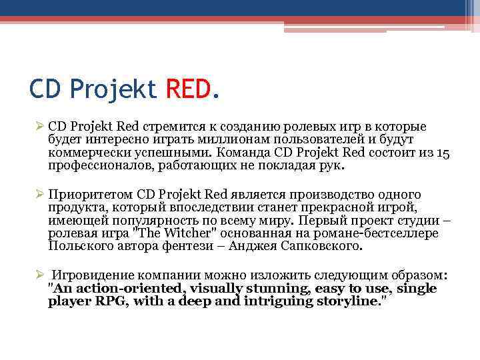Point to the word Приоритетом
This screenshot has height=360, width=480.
point(91,195)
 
